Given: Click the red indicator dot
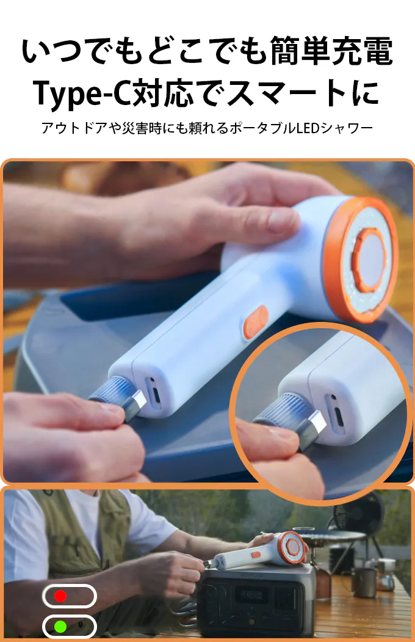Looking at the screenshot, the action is click(x=60, y=596).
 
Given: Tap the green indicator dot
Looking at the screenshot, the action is click(x=60, y=627).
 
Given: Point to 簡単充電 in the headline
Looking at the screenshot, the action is click(x=331, y=51).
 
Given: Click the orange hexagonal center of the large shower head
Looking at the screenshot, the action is click(x=370, y=260).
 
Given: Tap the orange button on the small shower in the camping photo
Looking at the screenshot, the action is click(x=256, y=555).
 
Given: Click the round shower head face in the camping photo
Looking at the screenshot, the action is click(x=293, y=547).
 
